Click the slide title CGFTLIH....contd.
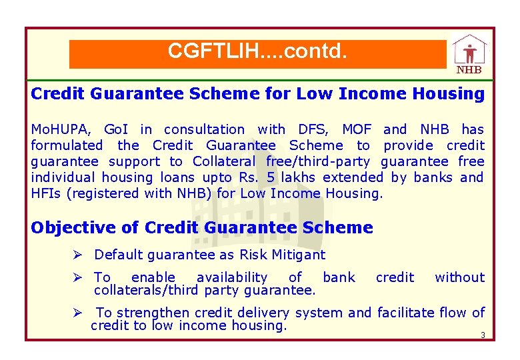point(257,51)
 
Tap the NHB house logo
point(469,54)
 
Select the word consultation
point(204,129)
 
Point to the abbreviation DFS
point(313,129)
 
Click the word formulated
point(67,145)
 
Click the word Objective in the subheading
point(73,227)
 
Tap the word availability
point(231,277)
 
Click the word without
point(459,277)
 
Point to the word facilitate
point(407,313)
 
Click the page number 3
point(482,335)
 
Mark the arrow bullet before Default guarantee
point(78,255)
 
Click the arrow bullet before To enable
point(78,277)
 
